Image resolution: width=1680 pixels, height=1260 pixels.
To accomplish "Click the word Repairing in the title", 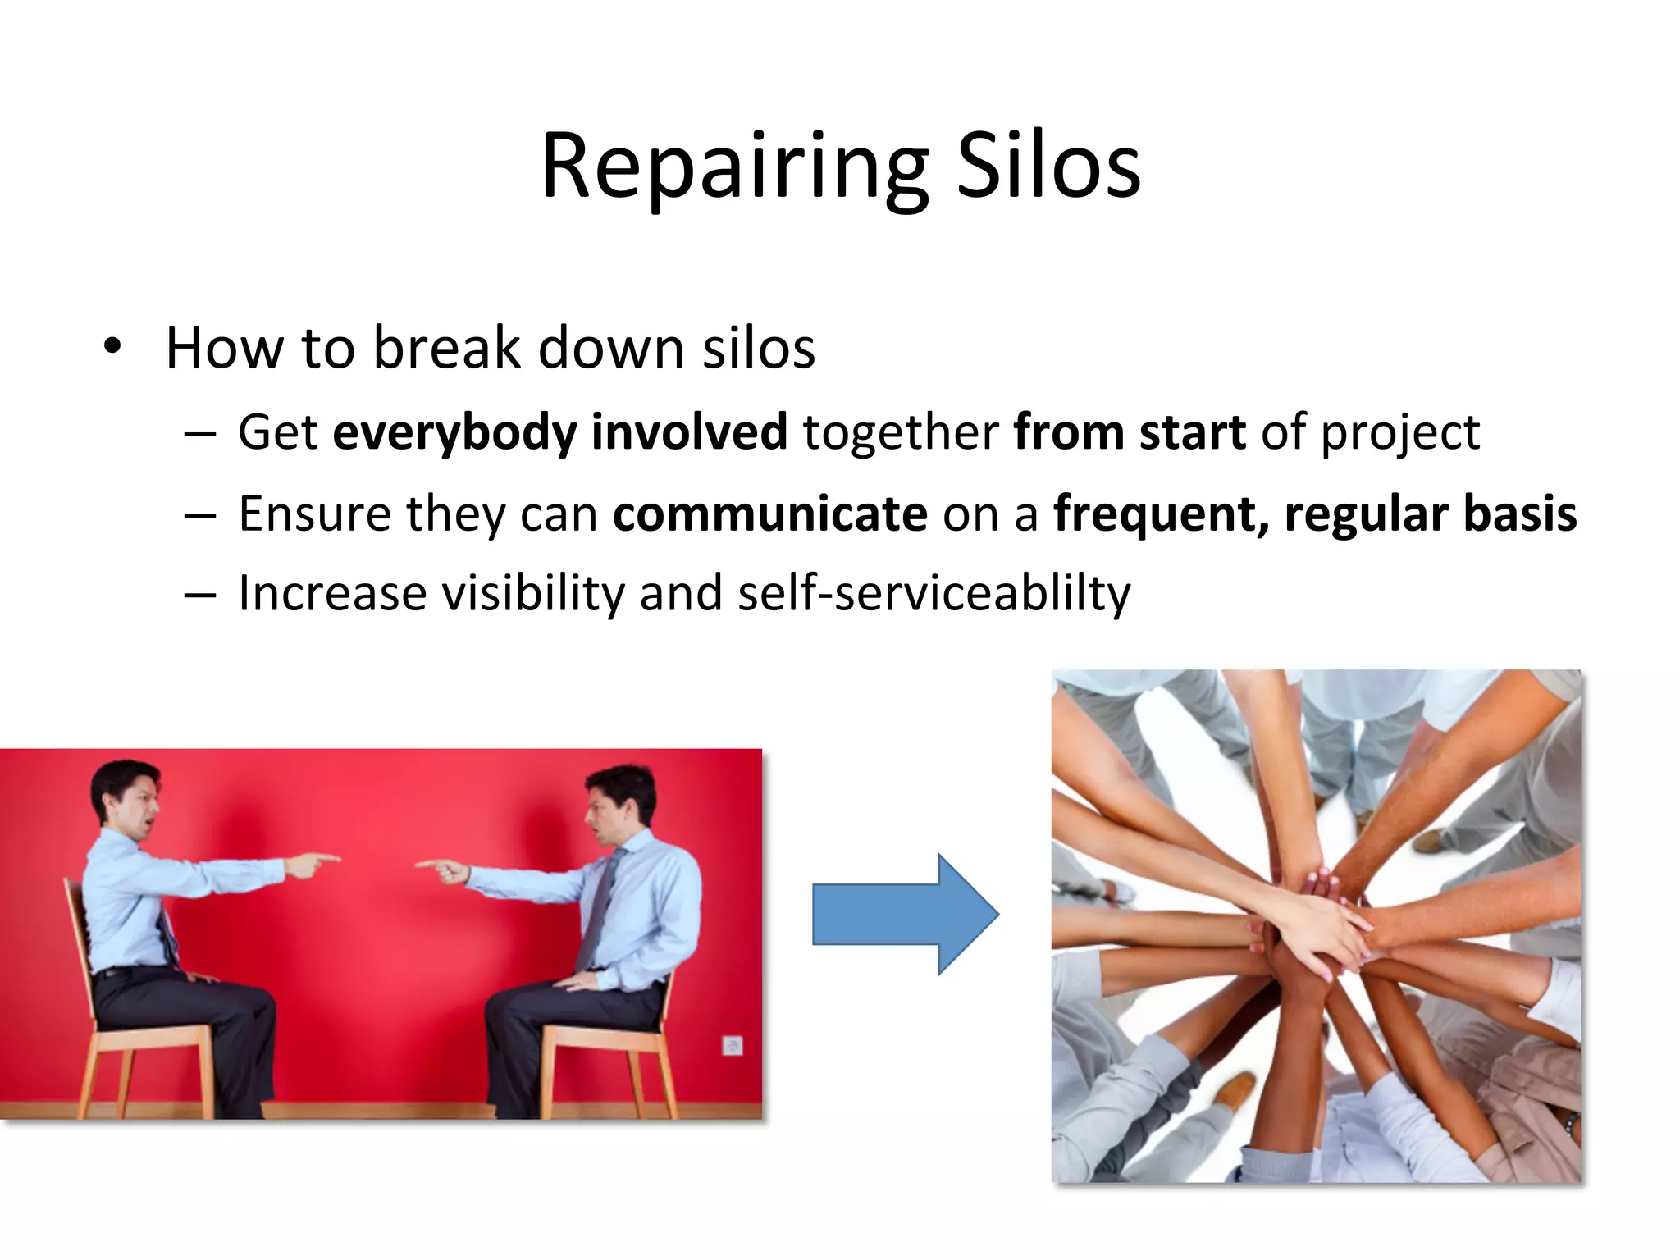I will pos(734,168).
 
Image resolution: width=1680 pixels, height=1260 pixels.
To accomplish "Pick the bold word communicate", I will pos(769,514).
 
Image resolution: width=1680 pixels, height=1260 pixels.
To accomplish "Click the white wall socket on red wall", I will pos(732,1045).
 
